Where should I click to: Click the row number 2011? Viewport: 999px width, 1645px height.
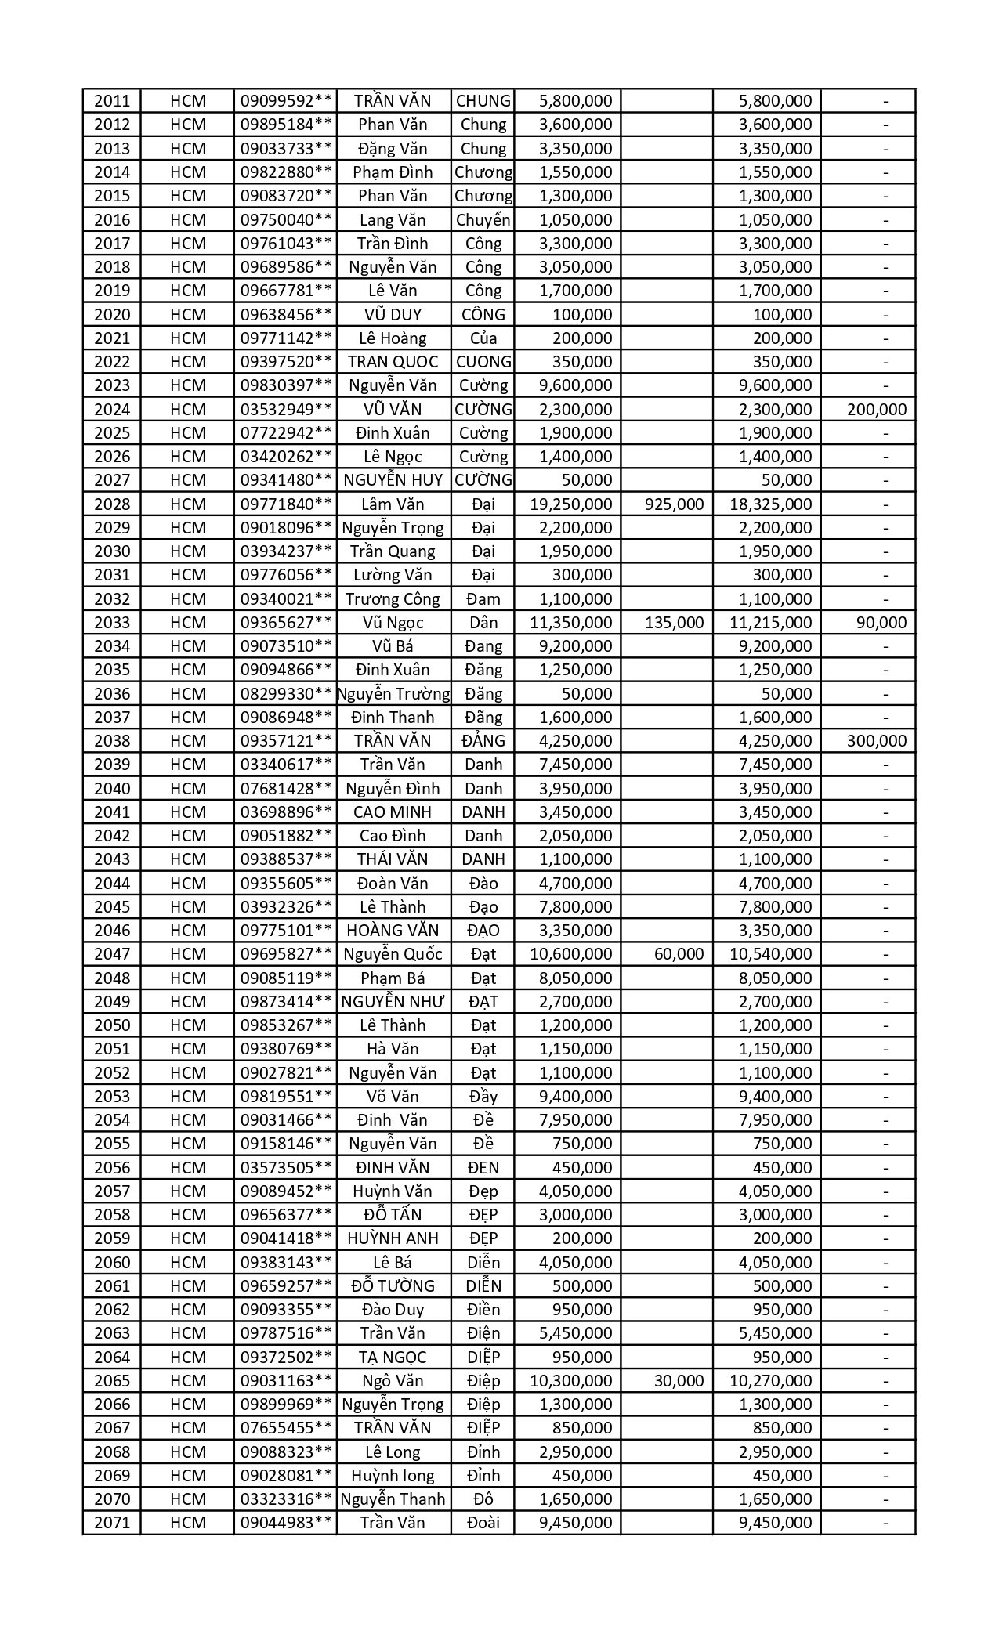point(112,101)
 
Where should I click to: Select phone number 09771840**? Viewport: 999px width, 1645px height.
point(286,504)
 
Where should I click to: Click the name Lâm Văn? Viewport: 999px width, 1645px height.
point(393,504)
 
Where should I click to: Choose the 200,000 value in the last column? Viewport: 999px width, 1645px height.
point(877,409)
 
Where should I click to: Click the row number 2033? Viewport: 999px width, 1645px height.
point(112,623)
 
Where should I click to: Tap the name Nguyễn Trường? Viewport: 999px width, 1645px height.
point(393,693)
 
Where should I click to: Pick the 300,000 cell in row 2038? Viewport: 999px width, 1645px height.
point(877,741)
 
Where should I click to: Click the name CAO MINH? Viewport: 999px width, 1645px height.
point(393,812)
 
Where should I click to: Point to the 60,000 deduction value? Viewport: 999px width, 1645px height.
point(679,953)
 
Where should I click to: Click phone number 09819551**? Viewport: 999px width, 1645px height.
point(286,1096)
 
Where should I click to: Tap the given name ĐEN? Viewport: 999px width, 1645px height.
point(483,1167)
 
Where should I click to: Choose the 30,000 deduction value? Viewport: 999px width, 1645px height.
point(679,1380)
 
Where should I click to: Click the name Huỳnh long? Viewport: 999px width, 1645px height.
point(393,1475)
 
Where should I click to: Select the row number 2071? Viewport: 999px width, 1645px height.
point(112,1522)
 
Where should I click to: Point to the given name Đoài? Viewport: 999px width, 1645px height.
point(483,1522)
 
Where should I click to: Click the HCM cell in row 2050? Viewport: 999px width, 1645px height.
point(188,1025)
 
